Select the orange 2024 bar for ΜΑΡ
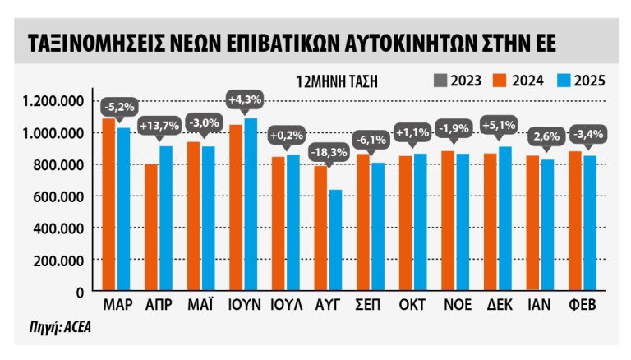click(108, 205)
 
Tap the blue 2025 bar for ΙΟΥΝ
click(250, 205)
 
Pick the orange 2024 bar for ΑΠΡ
click(151, 228)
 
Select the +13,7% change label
click(159, 127)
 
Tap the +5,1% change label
click(499, 127)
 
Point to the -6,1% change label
click(371, 140)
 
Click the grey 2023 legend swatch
click(438, 80)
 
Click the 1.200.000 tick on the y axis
click(54, 101)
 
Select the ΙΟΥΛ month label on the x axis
click(286, 305)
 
